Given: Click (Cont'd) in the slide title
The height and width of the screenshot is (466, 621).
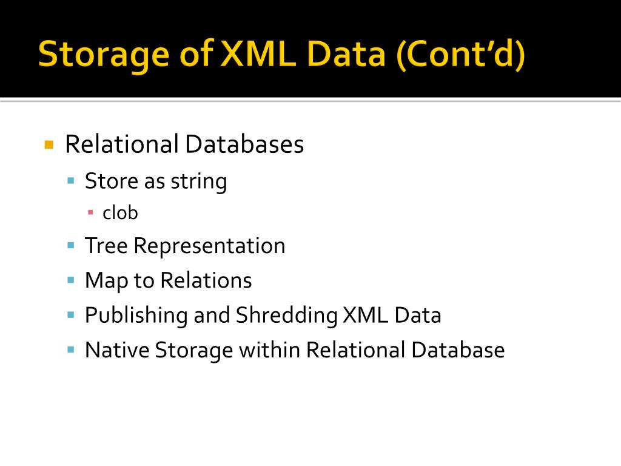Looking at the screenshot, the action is tap(461, 54).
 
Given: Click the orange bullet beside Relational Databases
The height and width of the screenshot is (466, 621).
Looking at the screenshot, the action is tap(50, 145).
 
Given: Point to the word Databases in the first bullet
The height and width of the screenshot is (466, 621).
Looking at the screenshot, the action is tap(244, 144).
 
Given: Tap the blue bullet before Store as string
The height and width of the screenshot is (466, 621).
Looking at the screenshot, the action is tap(71, 180).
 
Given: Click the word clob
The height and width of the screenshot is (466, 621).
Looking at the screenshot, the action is tap(120, 213).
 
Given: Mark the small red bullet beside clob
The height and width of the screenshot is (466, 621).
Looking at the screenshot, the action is tap(90, 212).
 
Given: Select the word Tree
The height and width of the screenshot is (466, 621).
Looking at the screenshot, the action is tap(106, 246).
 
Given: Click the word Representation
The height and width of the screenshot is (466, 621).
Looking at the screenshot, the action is tap(209, 246).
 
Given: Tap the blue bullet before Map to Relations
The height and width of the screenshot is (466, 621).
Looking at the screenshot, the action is tap(71, 280).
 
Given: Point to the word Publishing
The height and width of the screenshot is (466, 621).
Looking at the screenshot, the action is tap(136, 316).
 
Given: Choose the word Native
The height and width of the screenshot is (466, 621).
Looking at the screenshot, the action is tap(116, 350).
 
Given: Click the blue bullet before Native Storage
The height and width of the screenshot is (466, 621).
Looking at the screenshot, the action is tap(71, 350).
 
